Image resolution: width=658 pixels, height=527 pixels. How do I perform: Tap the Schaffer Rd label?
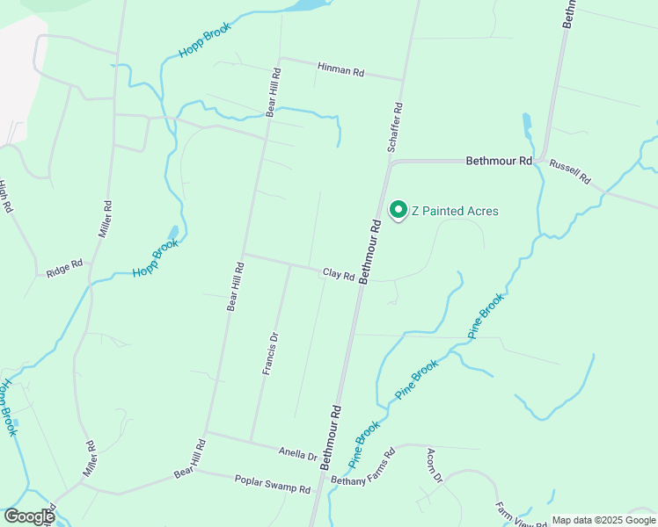396,128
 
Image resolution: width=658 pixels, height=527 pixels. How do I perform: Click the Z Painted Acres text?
455,211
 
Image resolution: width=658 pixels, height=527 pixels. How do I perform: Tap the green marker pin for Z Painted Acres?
398,210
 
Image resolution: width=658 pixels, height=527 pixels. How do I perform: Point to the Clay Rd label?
338,275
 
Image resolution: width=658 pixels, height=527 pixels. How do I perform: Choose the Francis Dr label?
271,354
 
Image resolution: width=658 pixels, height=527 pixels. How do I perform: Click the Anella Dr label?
297,455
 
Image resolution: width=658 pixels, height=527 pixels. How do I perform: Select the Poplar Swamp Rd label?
273,483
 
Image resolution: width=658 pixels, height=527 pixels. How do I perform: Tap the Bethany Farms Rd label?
364,466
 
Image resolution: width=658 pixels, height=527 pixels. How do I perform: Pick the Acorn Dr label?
434,465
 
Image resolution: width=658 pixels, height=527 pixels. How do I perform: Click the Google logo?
29,516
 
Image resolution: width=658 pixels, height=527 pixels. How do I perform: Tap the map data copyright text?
602,520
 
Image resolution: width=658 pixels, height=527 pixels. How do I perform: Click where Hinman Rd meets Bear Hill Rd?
279,59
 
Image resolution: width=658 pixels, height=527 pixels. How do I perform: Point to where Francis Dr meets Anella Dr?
252,442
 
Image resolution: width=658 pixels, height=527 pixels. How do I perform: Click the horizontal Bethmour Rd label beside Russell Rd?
499,162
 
